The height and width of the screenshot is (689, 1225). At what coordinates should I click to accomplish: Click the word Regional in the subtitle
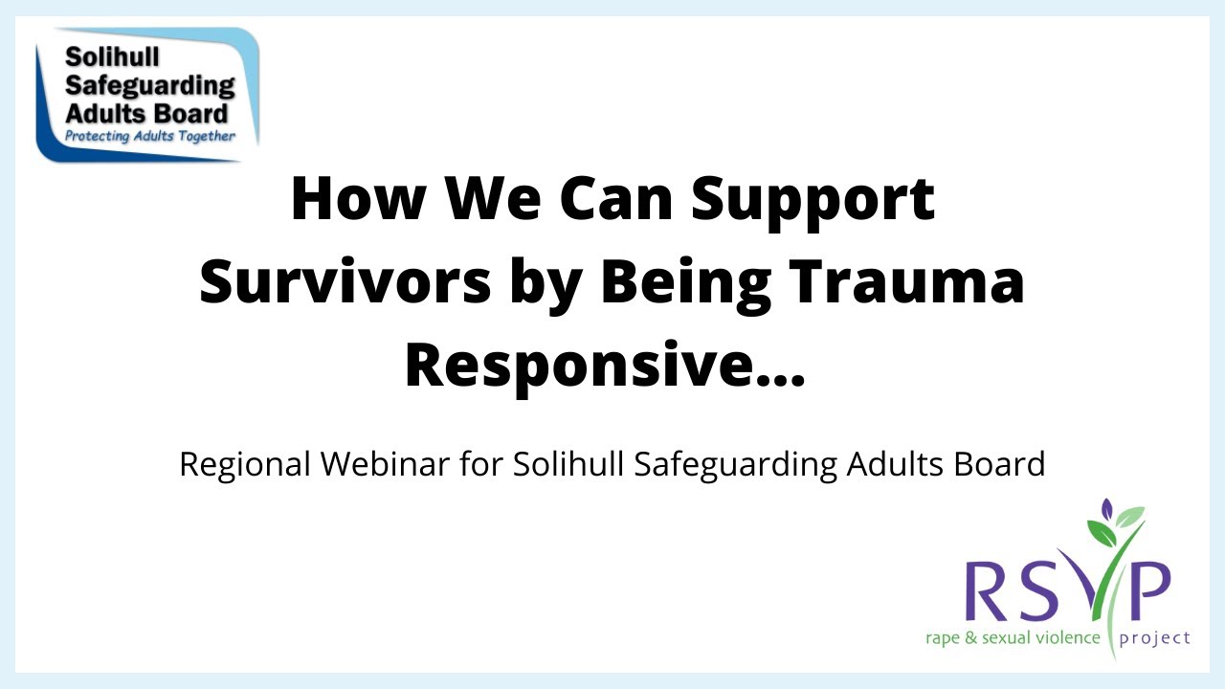coord(245,464)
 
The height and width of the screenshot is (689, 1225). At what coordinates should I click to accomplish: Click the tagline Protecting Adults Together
coord(149,136)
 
